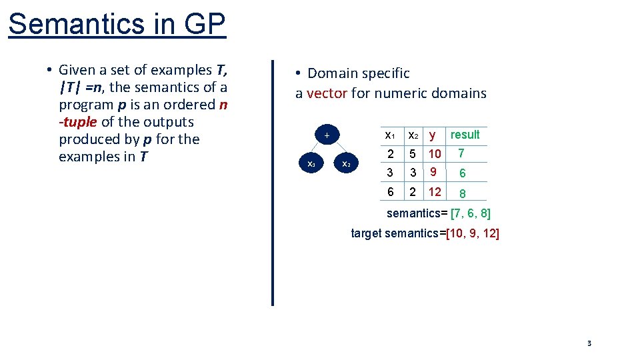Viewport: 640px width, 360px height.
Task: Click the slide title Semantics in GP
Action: coord(117,24)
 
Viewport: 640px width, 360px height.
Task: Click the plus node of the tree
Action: coord(327,136)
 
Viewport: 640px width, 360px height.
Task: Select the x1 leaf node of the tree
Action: coord(311,163)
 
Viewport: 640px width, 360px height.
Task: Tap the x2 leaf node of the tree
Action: coord(346,163)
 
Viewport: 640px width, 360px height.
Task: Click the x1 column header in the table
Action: coord(391,135)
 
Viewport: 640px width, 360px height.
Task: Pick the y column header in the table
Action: coord(433,135)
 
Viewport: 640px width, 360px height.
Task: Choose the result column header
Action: coord(465,135)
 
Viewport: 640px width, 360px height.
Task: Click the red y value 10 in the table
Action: coord(435,155)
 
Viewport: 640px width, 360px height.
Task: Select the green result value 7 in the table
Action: coord(461,153)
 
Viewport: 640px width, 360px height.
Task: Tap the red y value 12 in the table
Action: coord(435,192)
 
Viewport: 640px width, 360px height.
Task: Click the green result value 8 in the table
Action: coord(462,194)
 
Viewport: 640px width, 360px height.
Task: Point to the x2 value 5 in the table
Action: coord(413,155)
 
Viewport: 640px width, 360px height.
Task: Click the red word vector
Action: coord(327,93)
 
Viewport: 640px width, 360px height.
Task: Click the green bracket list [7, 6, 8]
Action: coord(471,214)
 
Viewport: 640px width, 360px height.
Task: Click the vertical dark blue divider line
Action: coord(273,183)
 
